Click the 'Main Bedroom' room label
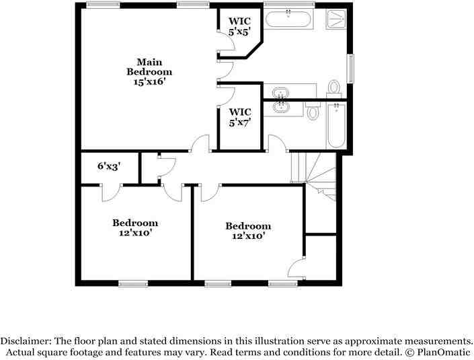coord(149,66)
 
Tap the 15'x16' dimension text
coord(149,81)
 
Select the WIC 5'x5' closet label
coord(240,26)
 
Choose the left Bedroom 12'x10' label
coord(135,227)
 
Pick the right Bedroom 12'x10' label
coord(248,231)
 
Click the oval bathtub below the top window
coord(288,18)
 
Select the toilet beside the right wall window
coord(333,88)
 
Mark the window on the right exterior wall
coord(350,68)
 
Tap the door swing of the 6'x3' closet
coord(110,193)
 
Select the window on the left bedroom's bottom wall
coord(133,283)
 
